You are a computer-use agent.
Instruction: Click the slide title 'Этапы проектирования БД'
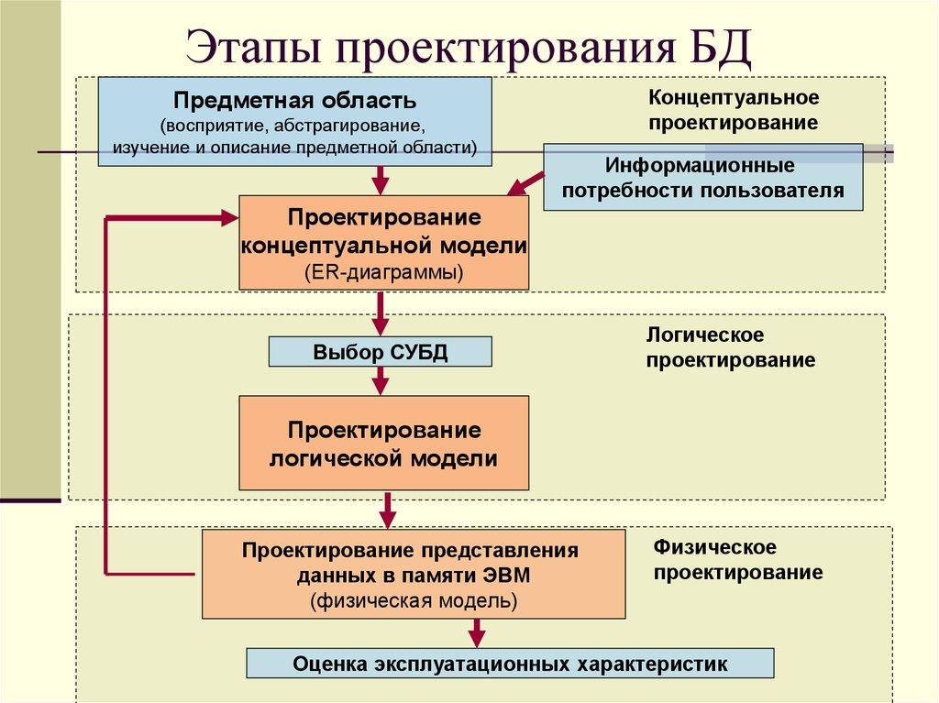(469, 47)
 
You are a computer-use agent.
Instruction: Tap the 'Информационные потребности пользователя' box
(702, 179)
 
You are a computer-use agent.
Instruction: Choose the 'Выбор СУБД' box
(380, 352)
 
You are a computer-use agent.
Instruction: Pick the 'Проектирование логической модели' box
(383, 443)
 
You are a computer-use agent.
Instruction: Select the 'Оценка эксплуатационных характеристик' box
(510, 664)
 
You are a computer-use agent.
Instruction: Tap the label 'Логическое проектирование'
(730, 347)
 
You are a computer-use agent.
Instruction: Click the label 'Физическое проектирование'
(737, 559)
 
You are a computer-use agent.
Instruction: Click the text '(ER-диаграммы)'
(383, 272)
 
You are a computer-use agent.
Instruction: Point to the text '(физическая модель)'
(413, 601)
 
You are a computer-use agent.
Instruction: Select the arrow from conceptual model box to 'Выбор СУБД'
(380, 313)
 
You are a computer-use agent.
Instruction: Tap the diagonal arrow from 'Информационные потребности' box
(527, 184)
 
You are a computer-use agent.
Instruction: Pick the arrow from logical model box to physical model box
(389, 509)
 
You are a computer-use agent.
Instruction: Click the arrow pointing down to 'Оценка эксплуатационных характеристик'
(476, 633)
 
